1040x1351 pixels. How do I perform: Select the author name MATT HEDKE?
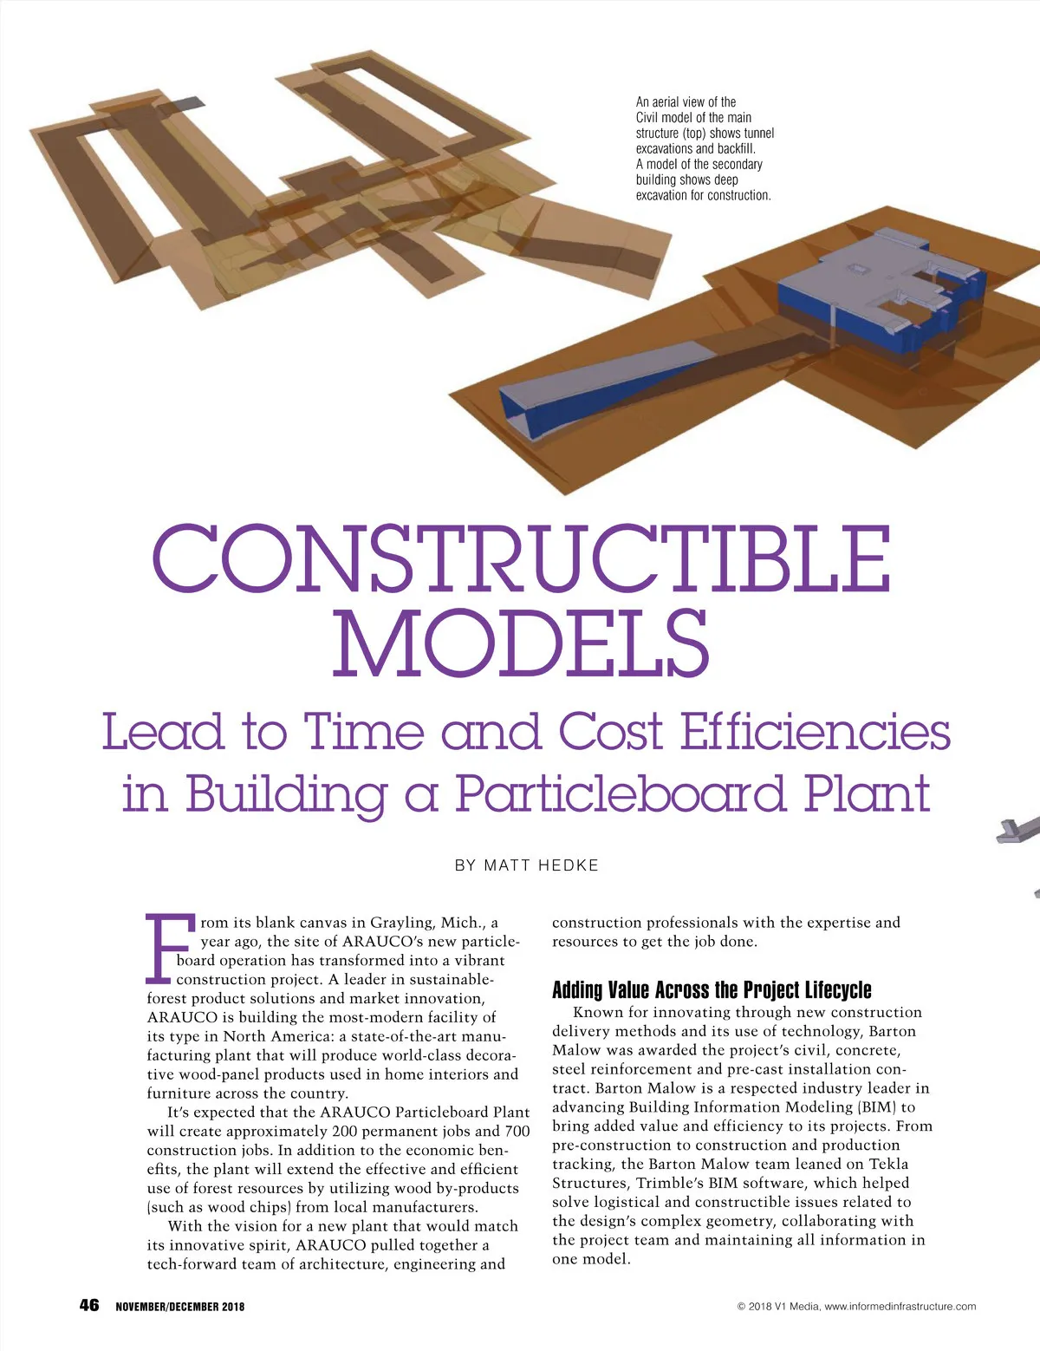[541, 865]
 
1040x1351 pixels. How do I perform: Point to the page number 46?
[89, 1305]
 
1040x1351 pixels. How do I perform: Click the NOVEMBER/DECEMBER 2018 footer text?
[180, 1307]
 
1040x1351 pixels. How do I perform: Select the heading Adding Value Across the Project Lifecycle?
[712, 990]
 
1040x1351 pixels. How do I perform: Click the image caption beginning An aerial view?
[704, 149]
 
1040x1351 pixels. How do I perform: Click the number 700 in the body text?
[517, 1132]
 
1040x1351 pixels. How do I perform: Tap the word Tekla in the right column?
[888, 1165]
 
